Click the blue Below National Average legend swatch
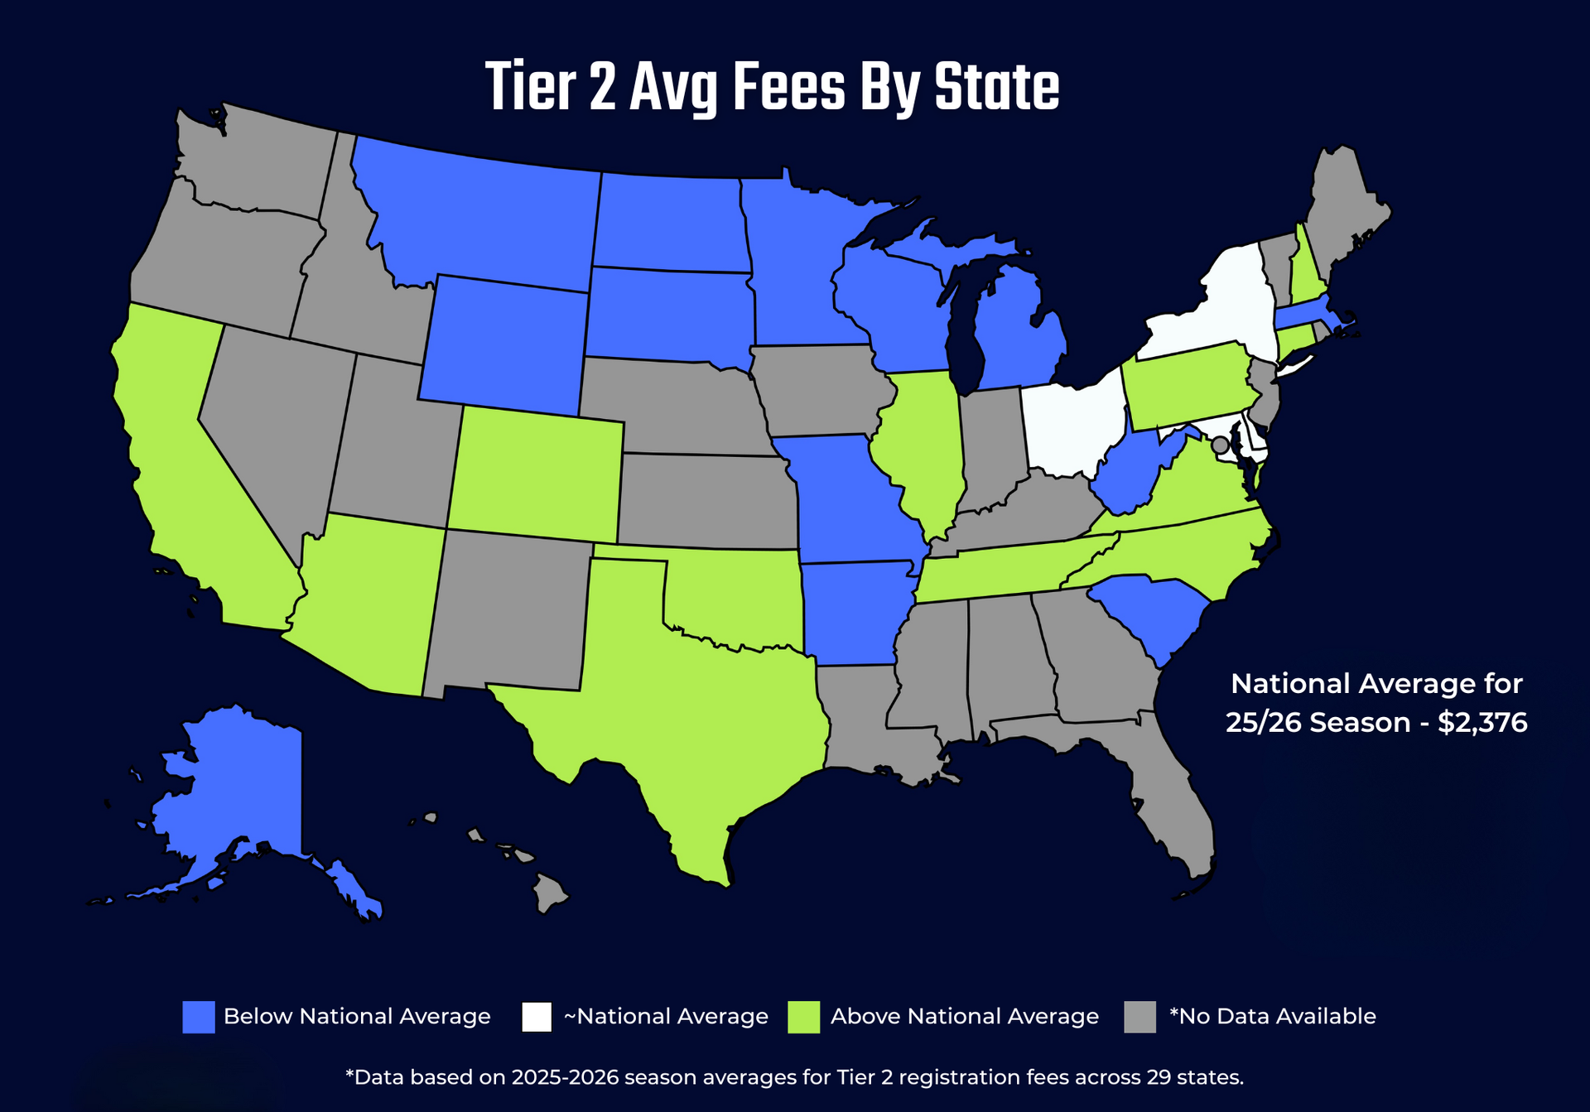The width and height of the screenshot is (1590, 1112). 198,1017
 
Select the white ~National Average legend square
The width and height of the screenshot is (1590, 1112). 537,1017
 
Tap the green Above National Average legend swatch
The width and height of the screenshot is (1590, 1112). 803,1017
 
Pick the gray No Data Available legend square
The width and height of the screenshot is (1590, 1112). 1139,1017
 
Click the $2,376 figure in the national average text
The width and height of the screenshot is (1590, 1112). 1482,723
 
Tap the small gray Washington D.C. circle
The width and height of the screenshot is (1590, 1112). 1220,445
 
